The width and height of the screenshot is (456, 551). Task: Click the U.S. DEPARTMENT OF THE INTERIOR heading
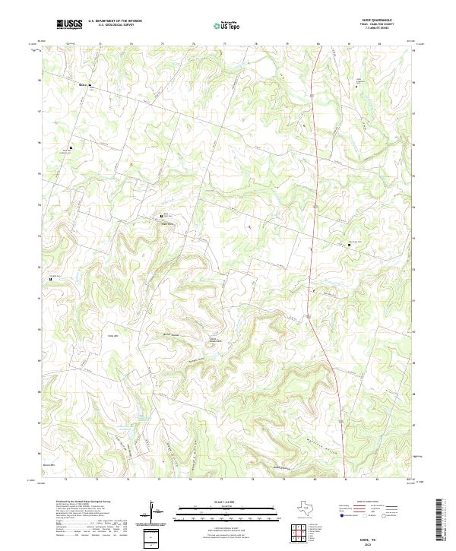pos(115,21)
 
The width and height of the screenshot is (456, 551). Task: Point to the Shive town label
pos(83,84)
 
